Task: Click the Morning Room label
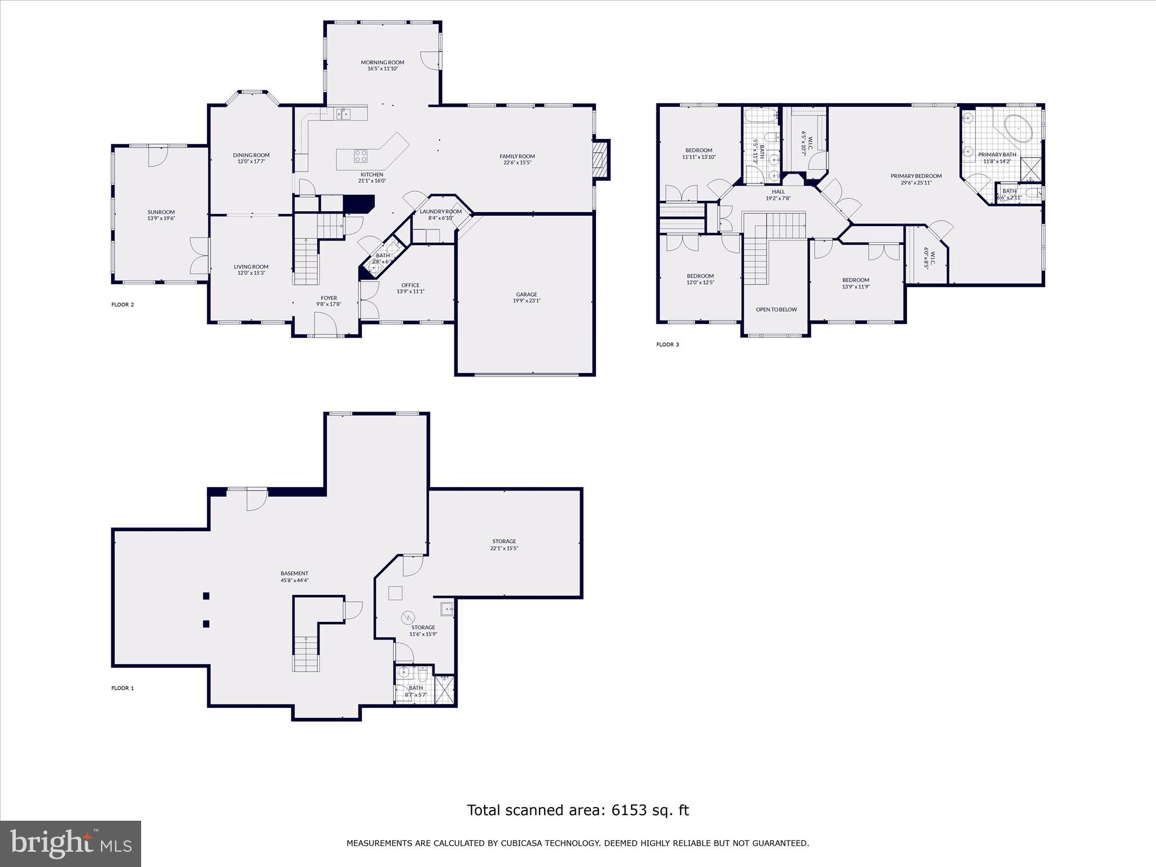(x=383, y=62)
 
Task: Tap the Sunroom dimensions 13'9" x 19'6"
(x=161, y=218)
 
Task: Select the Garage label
(x=526, y=294)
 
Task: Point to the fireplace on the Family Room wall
(x=602, y=160)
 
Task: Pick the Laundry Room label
(x=440, y=212)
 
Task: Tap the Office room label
(x=410, y=285)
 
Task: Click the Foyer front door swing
(x=326, y=324)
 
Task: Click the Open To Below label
(x=776, y=309)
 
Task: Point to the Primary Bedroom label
(x=916, y=176)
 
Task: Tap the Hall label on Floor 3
(x=778, y=192)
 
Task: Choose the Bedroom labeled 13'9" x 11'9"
(x=856, y=280)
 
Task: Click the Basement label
(x=295, y=573)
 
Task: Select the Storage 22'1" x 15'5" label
(x=504, y=541)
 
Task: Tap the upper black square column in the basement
(x=207, y=595)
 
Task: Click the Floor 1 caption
(x=122, y=688)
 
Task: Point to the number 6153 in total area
(x=631, y=811)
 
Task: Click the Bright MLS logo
(x=71, y=844)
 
